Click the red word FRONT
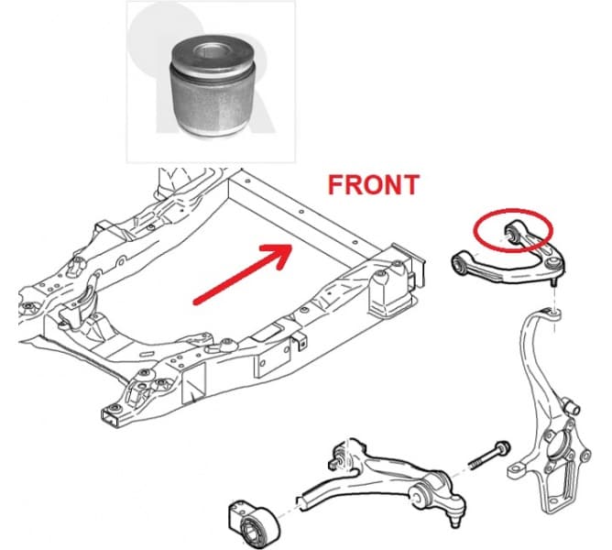(x=374, y=185)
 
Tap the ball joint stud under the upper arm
(x=554, y=282)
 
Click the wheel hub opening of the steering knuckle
(x=555, y=446)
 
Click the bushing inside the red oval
(x=511, y=230)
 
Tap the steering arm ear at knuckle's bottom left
(x=517, y=471)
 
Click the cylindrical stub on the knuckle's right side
(x=573, y=406)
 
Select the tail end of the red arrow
(x=196, y=302)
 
